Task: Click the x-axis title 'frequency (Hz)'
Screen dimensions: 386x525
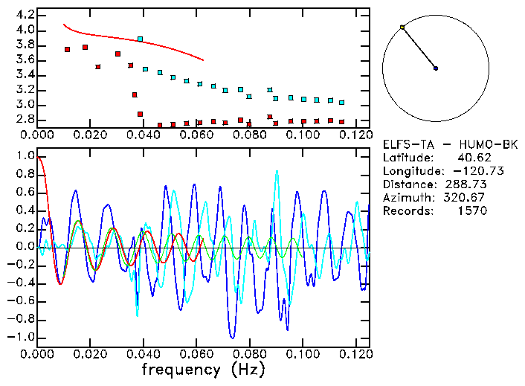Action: click(x=203, y=370)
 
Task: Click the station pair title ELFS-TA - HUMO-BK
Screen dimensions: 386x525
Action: click(x=445, y=144)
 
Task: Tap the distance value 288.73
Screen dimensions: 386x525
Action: click(x=466, y=184)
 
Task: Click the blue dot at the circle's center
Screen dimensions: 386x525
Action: click(x=436, y=68)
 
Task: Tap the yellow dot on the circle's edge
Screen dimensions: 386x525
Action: click(x=402, y=28)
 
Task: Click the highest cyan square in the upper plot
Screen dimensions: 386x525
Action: click(x=140, y=39)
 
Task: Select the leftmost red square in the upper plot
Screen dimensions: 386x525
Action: click(x=68, y=50)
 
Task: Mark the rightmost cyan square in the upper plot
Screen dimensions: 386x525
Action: click(x=342, y=102)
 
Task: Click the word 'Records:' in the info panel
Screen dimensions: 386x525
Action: click(x=407, y=211)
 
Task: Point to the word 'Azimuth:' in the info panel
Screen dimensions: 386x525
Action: click(x=407, y=198)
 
